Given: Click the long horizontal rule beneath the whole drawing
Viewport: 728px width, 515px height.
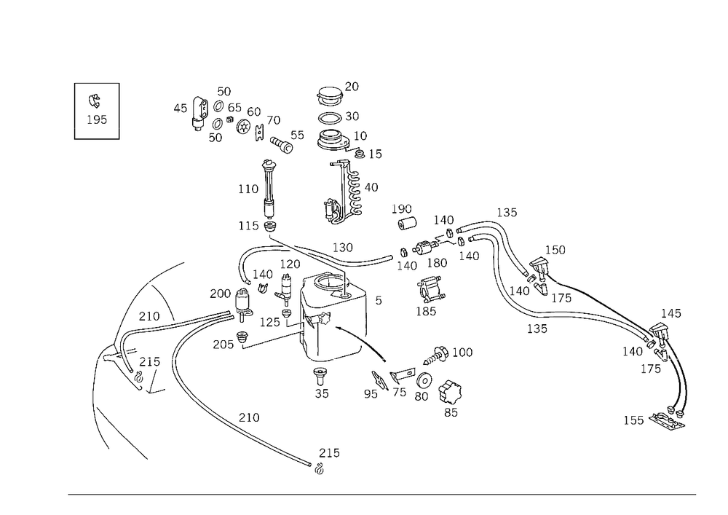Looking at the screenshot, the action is [x=381, y=495].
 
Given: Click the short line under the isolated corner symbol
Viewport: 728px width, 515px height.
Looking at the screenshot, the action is [x=97, y=136].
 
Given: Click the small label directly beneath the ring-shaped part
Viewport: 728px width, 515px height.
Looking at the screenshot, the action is [x=451, y=412].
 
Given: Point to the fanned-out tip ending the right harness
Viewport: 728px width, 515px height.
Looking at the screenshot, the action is [x=668, y=420].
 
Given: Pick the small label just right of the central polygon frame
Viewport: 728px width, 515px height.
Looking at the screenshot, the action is [x=379, y=298].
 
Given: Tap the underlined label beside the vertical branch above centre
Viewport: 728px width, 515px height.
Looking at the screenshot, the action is [x=248, y=189].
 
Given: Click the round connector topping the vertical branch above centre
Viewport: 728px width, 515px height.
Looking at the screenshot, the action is [x=268, y=164].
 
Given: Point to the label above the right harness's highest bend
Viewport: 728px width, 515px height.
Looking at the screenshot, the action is [x=510, y=213].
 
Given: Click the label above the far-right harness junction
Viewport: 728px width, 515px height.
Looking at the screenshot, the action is [x=675, y=314].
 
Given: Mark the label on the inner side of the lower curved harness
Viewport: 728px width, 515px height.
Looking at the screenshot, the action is [x=249, y=417].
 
